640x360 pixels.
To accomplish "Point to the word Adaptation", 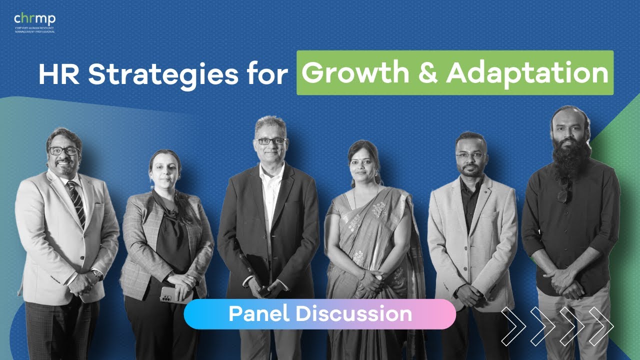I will (527, 73).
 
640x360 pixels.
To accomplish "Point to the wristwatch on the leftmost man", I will (96, 274).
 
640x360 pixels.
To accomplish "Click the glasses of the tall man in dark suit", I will (270, 141).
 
